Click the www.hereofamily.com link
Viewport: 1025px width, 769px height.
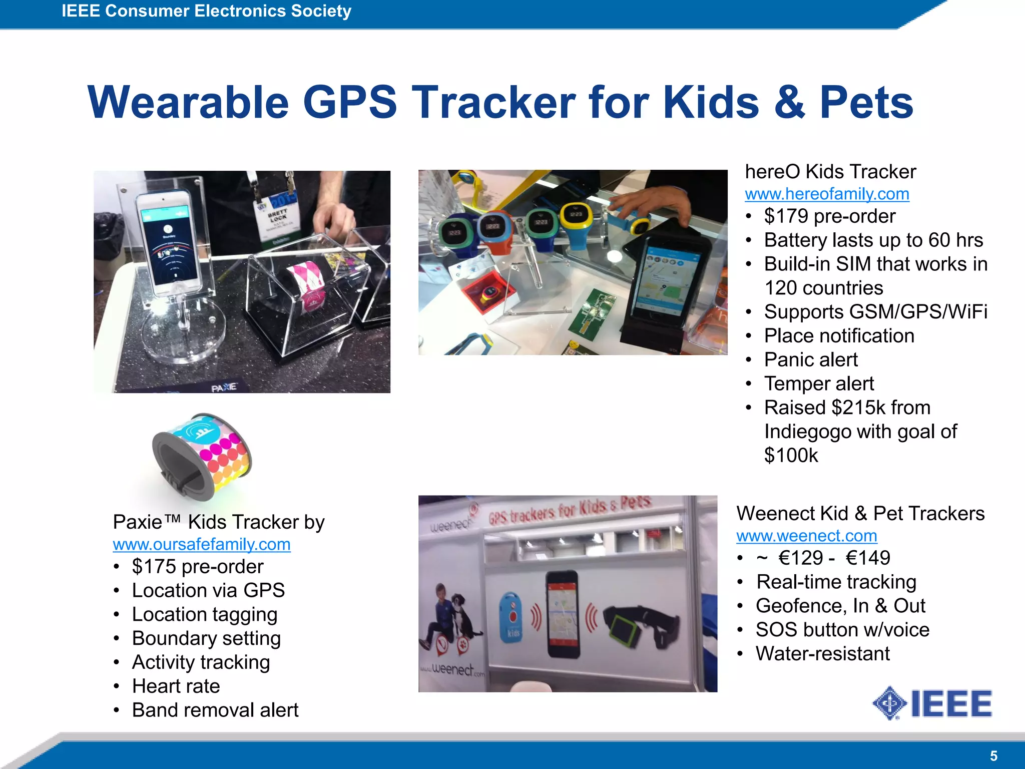pos(827,194)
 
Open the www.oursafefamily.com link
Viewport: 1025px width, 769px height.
pos(202,544)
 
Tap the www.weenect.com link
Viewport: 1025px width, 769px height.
pos(807,536)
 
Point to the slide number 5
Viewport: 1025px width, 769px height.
pos(993,756)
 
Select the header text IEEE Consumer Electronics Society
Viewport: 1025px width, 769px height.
pos(206,11)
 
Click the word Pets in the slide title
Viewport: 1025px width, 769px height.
pos(866,103)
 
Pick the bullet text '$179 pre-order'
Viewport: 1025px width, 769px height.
pos(829,216)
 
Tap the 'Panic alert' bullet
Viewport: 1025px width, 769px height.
pos(811,360)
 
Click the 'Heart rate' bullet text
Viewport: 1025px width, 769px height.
pos(176,686)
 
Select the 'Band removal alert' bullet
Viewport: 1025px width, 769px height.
pos(215,710)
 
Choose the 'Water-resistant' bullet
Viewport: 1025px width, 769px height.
pos(822,654)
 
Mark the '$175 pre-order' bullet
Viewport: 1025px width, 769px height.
pos(197,567)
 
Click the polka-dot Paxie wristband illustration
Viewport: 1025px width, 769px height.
pos(202,457)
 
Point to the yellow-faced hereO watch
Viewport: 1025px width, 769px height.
pos(576,216)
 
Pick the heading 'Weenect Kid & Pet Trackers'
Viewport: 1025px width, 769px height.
pos(860,514)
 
